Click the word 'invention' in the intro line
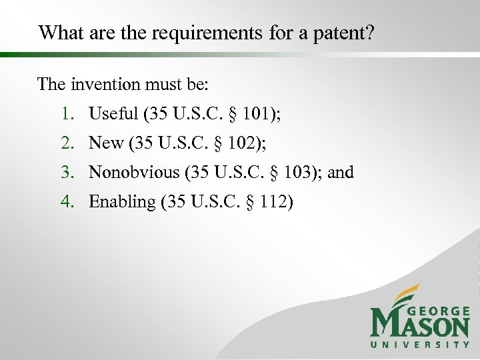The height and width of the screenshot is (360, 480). coord(100,85)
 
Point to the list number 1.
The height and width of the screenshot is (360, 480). coord(67,115)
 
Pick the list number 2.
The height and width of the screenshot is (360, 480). coord(67,143)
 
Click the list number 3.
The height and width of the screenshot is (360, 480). coord(67,172)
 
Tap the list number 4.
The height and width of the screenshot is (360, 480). coord(67,201)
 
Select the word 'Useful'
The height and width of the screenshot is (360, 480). coord(112,115)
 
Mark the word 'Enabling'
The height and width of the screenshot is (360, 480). coord(121,201)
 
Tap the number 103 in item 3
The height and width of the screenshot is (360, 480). coord(299,172)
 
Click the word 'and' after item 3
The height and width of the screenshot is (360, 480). coord(341,172)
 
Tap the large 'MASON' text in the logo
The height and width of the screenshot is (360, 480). coord(420,327)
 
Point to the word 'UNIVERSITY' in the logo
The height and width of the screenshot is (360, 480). coord(420,345)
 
